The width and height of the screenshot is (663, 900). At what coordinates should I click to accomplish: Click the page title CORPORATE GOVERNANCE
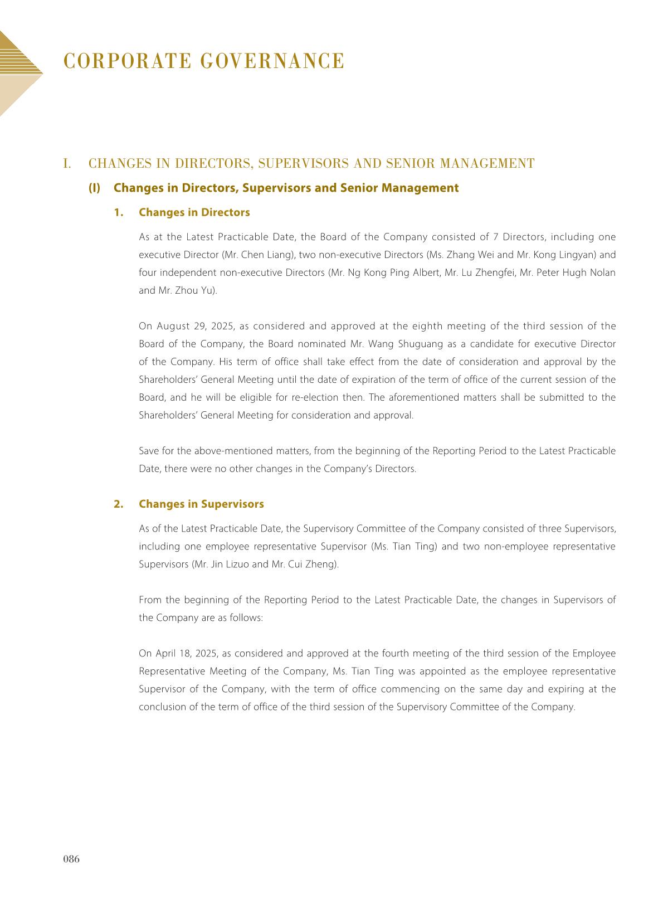coord(204,61)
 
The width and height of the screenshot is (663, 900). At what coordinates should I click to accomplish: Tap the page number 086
coord(71,859)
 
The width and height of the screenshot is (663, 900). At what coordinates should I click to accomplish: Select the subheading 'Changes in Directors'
coord(194,212)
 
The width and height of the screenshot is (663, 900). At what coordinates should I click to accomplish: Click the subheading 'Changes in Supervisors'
coord(201,504)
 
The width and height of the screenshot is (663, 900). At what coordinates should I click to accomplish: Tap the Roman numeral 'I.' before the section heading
coord(67,163)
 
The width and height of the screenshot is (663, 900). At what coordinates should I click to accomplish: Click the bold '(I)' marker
coord(94,188)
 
